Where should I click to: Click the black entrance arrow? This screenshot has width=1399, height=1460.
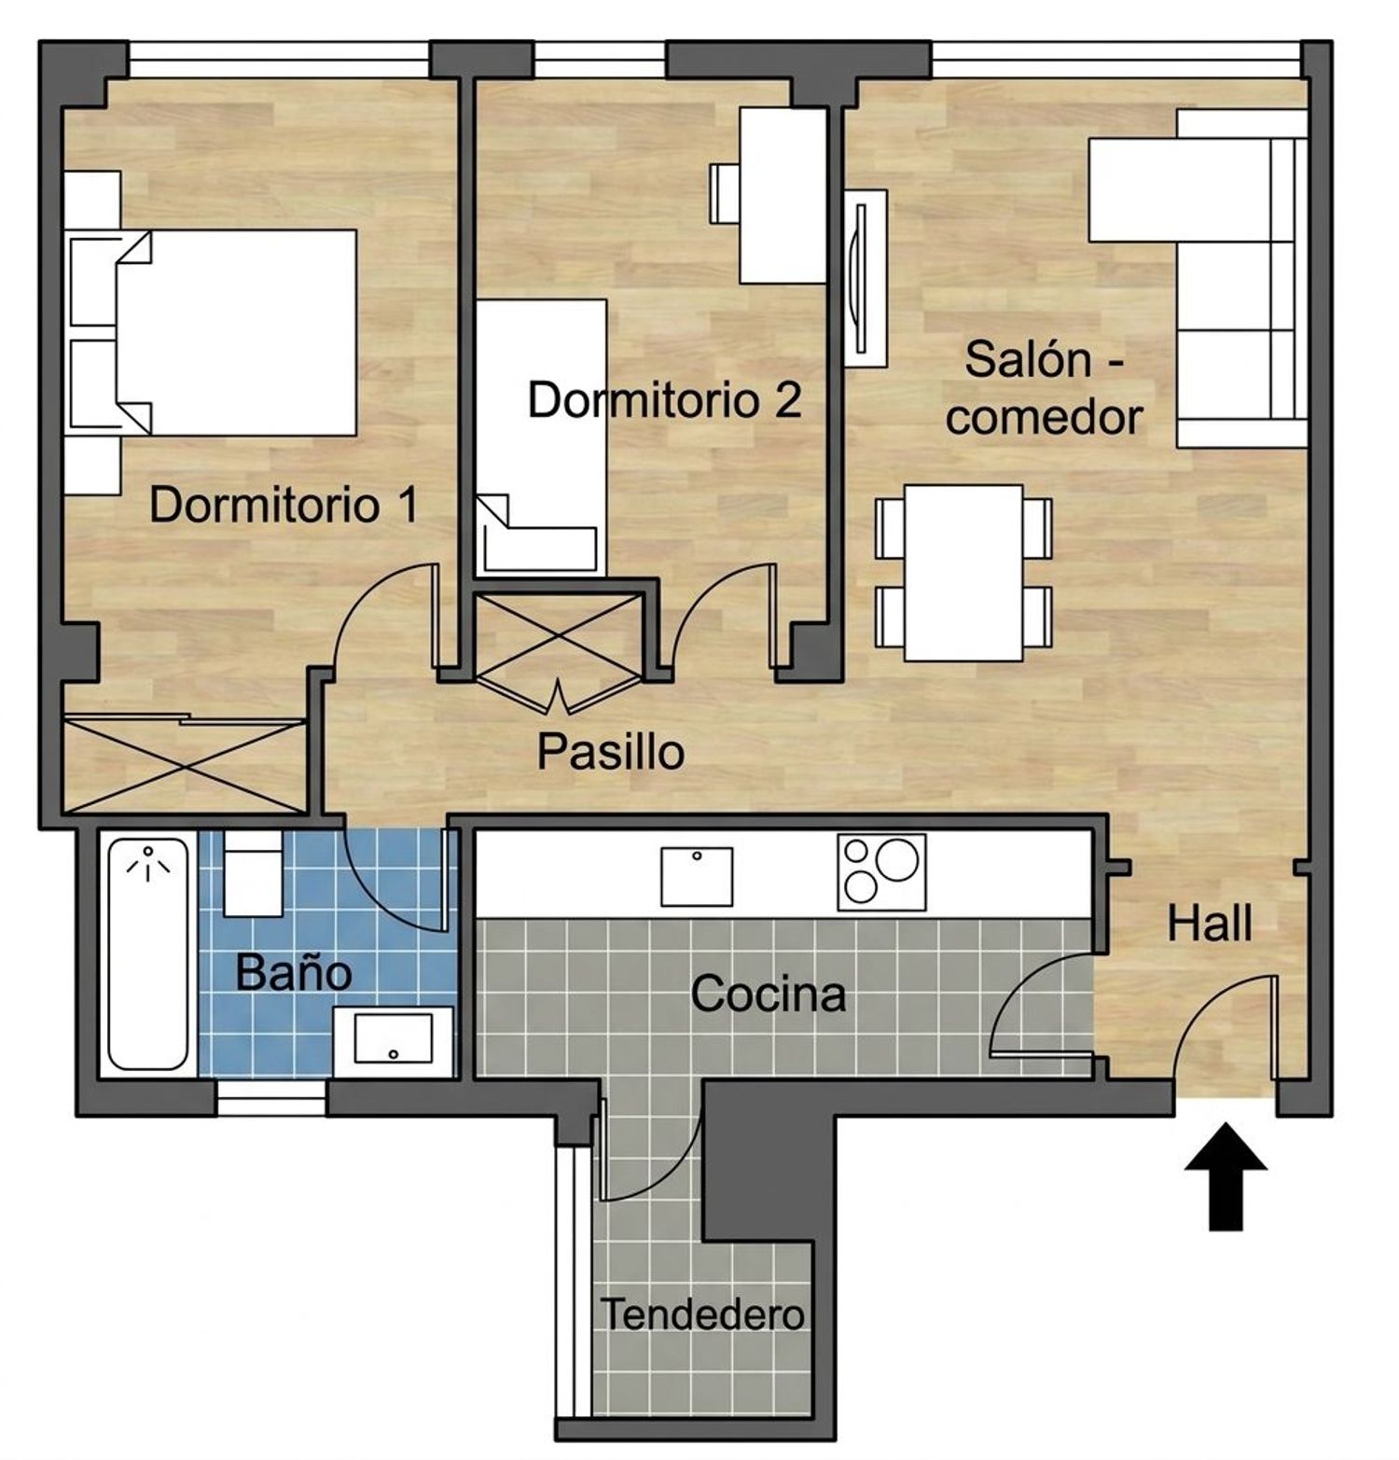pyautogui.click(x=1226, y=1178)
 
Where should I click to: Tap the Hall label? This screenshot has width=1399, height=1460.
pyautogui.click(x=1210, y=924)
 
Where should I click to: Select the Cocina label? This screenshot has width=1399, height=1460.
pyautogui.click(x=769, y=994)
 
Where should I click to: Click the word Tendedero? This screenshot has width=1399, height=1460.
pyautogui.click(x=702, y=1314)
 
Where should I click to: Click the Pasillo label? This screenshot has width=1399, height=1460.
pyautogui.click(x=611, y=751)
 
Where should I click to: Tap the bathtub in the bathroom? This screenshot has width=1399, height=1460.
pyautogui.click(x=148, y=953)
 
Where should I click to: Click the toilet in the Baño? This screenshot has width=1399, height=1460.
pyautogui.click(x=253, y=874)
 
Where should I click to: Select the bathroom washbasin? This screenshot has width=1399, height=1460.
pyautogui.click(x=394, y=1040)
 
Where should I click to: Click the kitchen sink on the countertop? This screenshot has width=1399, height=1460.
pyautogui.click(x=697, y=876)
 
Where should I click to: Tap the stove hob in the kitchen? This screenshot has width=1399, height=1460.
pyautogui.click(x=881, y=872)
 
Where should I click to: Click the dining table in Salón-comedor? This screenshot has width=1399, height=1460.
pyautogui.click(x=963, y=573)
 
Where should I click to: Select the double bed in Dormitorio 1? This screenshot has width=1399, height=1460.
pyautogui.click(x=214, y=333)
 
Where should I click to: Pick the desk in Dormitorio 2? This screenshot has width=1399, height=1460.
pyautogui.click(x=783, y=195)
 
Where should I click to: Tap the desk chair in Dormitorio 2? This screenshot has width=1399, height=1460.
pyautogui.click(x=725, y=193)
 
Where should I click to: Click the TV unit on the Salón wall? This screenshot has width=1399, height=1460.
pyautogui.click(x=866, y=278)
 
